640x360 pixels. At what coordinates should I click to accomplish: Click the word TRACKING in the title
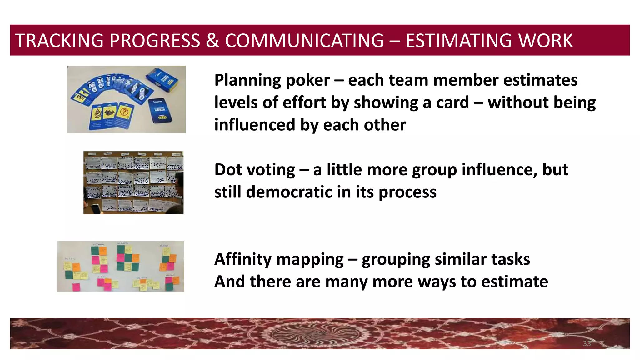point(59,41)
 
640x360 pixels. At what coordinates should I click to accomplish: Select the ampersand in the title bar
point(212,41)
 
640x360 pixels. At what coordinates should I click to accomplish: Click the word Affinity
point(243,259)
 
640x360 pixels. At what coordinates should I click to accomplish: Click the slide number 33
point(587,344)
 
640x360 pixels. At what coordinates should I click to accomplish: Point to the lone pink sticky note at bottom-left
point(76,287)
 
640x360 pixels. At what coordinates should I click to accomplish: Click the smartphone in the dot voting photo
point(96,208)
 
